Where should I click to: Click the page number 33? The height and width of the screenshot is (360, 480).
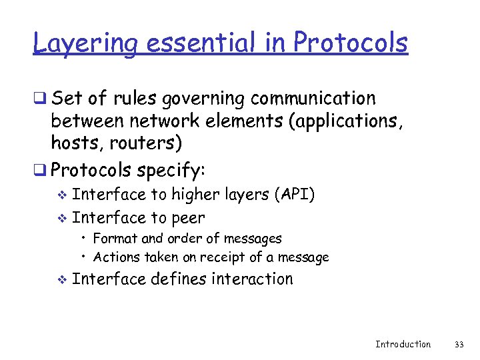[458, 344]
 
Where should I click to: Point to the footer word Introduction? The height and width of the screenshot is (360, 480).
[403, 344]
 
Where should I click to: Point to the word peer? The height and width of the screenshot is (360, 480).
[188, 218]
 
